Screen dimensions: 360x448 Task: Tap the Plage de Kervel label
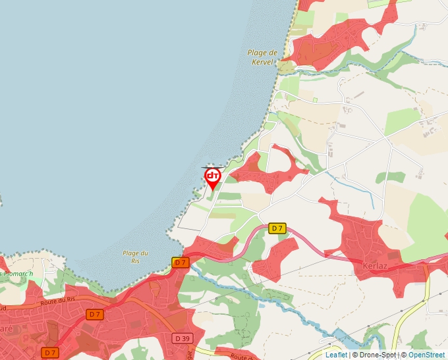click(261, 57)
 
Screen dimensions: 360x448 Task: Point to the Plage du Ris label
click(135, 257)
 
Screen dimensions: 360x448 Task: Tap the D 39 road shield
click(183, 338)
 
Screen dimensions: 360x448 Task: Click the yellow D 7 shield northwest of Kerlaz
click(277, 228)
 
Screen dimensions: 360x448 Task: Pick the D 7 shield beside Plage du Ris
click(181, 263)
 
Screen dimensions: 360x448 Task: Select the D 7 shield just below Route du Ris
click(96, 315)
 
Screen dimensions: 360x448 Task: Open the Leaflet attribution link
click(336, 355)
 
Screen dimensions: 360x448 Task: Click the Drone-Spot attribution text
click(378, 355)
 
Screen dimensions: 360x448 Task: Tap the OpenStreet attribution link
click(428, 355)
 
